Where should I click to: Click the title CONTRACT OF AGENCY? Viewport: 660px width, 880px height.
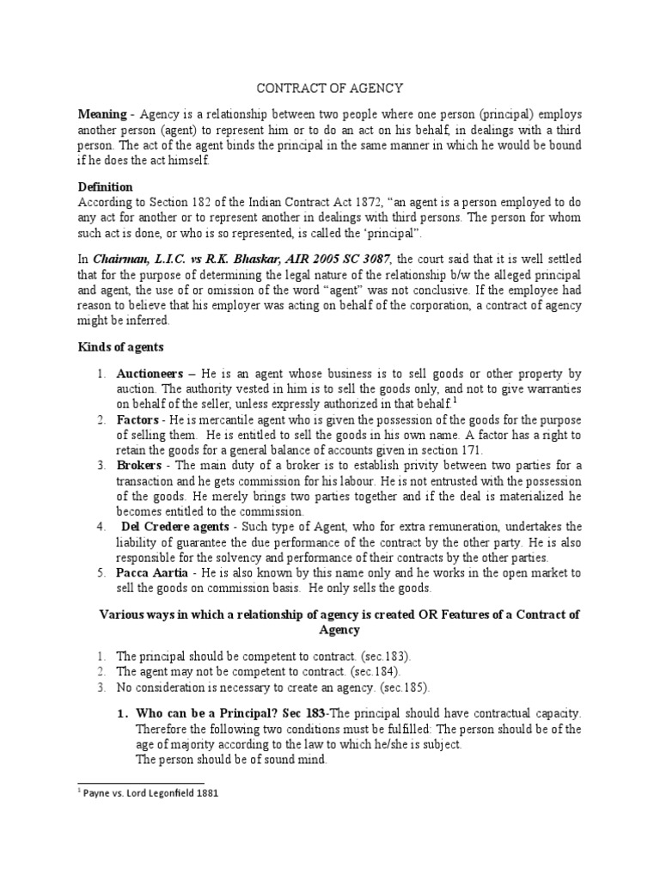pyautogui.click(x=331, y=88)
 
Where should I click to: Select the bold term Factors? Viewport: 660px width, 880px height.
pyautogui.click(x=138, y=419)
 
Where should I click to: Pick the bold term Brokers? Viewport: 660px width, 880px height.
pyautogui.click(x=139, y=465)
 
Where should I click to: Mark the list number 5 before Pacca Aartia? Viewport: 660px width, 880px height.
pyautogui.click(x=100, y=571)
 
